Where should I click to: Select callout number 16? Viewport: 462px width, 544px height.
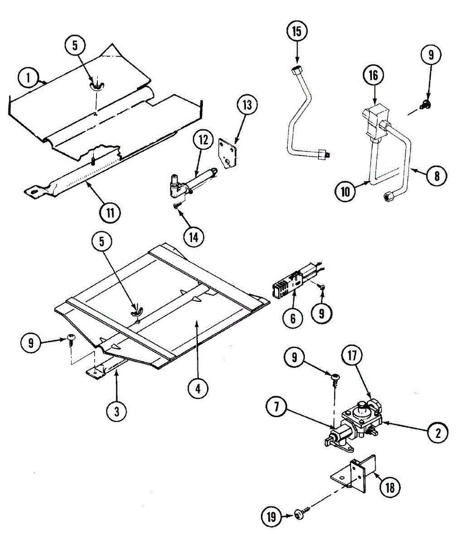pos(373,76)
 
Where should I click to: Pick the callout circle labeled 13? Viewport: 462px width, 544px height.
pos(247,105)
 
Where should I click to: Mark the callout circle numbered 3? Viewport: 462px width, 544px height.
pos(117,411)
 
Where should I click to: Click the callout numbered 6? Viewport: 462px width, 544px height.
pos(293,318)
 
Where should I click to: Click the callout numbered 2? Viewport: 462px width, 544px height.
pos(438,432)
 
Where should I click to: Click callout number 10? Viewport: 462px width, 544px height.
pos(345,191)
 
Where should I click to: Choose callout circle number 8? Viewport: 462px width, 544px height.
pos(437,175)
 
